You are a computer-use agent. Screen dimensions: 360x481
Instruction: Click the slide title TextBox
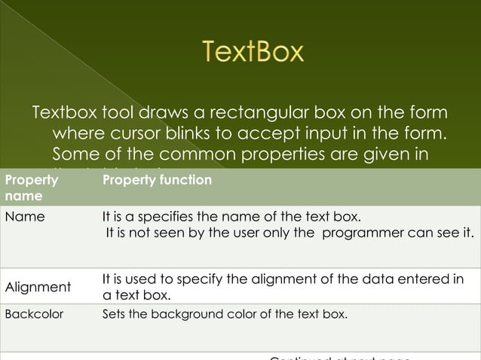(253, 52)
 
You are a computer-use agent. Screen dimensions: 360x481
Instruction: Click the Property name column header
(31, 188)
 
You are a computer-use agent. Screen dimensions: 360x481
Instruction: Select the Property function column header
(157, 181)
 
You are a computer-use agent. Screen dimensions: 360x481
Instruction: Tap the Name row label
(25, 217)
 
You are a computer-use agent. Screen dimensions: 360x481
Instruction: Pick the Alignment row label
(38, 287)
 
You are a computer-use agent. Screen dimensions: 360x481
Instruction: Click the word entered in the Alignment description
(414, 279)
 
